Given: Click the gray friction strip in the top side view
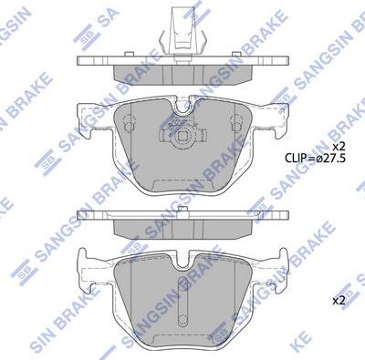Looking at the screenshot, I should point(182,73).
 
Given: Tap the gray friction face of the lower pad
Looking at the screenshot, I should point(182,301).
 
